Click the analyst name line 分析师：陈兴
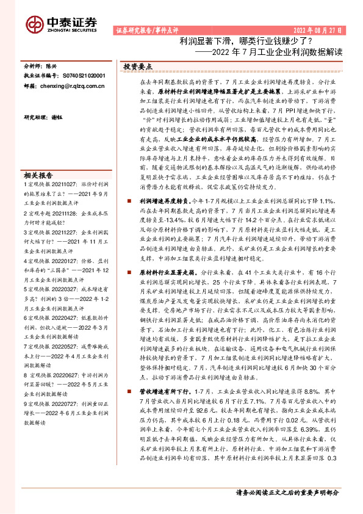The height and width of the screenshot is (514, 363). [x=40, y=65]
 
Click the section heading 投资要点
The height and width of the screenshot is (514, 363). [x=138, y=65]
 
